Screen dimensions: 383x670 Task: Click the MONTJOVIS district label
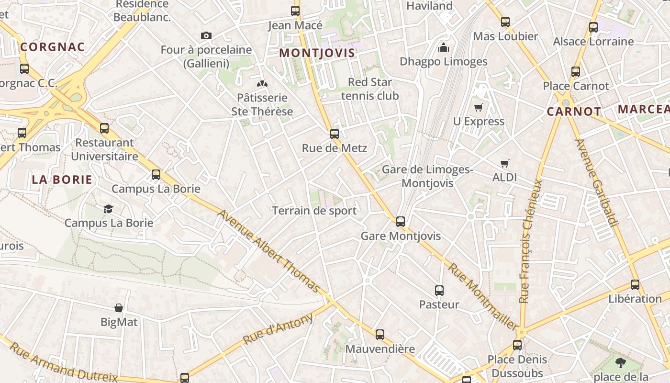317,53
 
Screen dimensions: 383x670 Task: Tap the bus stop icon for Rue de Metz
335,134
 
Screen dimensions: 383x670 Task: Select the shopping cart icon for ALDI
504,163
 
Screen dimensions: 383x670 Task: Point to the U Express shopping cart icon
479,107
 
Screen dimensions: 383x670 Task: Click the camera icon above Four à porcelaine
206,35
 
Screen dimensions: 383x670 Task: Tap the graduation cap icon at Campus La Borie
109,209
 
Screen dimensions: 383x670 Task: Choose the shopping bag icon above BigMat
119,308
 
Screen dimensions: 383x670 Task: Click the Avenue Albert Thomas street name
269,251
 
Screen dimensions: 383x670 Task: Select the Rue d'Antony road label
278,328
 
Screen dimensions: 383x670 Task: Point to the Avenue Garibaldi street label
597,182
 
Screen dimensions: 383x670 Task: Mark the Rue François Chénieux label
532,241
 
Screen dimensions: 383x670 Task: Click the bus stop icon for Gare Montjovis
401,222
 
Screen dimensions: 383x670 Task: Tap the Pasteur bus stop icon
439,290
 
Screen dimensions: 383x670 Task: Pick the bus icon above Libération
635,285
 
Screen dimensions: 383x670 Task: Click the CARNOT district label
574,112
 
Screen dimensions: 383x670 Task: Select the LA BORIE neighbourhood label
62,180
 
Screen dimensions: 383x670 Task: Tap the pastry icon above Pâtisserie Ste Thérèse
262,84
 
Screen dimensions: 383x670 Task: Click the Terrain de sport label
314,211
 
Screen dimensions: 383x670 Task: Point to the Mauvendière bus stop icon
380,335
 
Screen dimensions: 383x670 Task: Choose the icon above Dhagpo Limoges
444,47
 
